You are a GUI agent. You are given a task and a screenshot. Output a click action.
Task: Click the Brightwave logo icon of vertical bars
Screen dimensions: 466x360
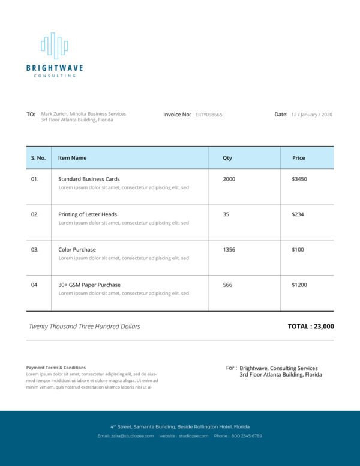click(54, 46)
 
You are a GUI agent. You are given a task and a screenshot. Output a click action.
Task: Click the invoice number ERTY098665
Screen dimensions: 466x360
click(209, 115)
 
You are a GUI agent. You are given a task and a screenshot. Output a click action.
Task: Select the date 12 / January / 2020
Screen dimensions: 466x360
click(311, 115)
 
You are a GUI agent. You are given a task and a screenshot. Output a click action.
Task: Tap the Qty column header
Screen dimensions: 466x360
click(227, 158)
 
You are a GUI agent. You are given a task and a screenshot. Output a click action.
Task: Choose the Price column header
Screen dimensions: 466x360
click(298, 158)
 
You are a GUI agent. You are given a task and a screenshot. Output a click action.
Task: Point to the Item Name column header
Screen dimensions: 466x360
click(72, 158)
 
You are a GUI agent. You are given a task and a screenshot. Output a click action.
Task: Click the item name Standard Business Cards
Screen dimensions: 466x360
click(89, 179)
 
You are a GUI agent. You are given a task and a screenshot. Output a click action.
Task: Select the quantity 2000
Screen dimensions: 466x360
click(229, 179)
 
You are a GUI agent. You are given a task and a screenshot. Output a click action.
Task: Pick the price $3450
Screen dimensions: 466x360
click(299, 179)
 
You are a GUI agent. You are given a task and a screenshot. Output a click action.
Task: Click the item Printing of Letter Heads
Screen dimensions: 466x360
click(88, 214)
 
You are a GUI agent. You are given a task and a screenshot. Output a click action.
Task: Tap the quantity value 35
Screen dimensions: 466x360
click(226, 214)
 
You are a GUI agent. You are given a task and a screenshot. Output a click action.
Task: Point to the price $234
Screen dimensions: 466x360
click(298, 214)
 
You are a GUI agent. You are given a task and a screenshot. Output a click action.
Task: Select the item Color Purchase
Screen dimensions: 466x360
click(77, 250)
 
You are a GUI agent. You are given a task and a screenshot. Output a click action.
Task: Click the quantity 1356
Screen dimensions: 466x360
click(229, 250)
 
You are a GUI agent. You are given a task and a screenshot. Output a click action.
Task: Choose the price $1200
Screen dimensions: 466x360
click(299, 285)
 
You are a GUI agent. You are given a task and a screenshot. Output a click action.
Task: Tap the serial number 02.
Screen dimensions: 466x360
click(35, 214)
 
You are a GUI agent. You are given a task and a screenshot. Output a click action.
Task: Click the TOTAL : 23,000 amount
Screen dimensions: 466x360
click(311, 327)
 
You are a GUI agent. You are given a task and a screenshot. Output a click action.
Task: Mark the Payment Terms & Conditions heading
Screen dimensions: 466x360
click(56, 368)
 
